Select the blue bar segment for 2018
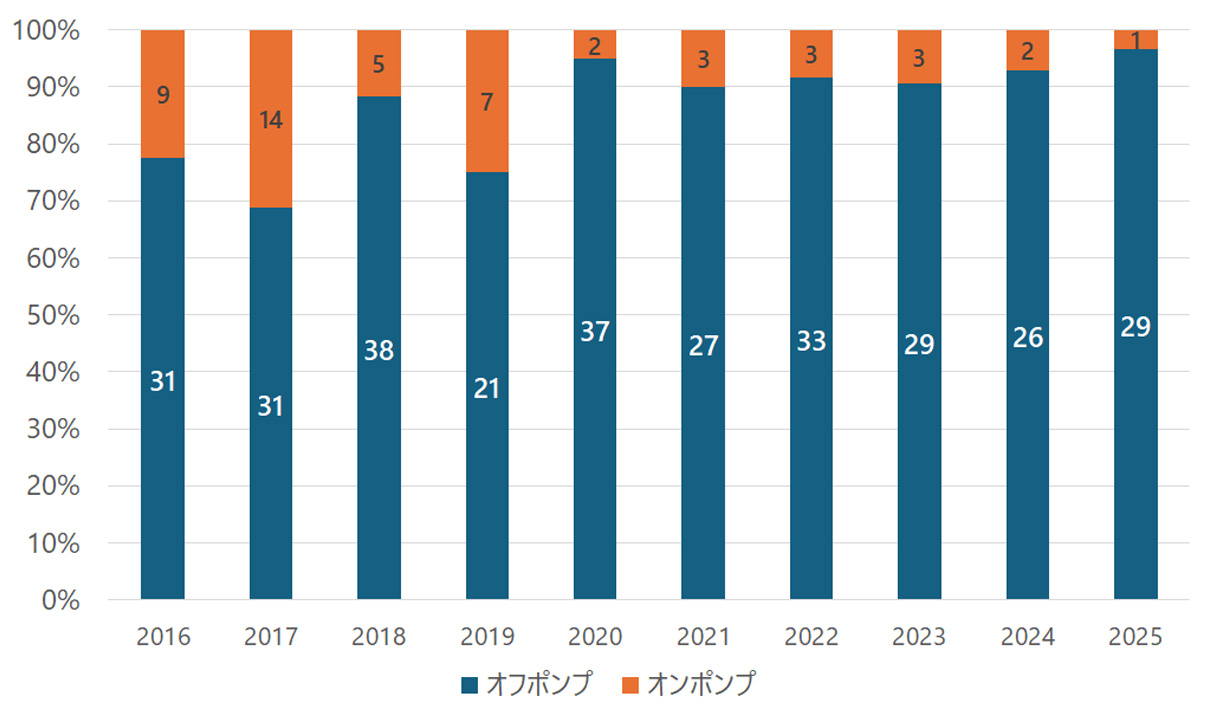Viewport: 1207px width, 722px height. pos(379,450)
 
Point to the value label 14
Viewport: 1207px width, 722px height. pos(270,121)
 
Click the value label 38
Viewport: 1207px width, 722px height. pos(379,351)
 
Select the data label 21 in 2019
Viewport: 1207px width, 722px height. pos(487,388)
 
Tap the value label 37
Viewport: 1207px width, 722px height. pos(595,331)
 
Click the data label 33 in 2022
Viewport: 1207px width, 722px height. pos(811,341)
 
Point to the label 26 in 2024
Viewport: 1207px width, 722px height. pos(1027,338)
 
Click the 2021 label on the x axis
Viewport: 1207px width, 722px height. pos(703,637)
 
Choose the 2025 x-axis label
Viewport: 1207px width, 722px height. pos(1135,637)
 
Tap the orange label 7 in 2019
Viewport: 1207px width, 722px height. pos(487,102)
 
